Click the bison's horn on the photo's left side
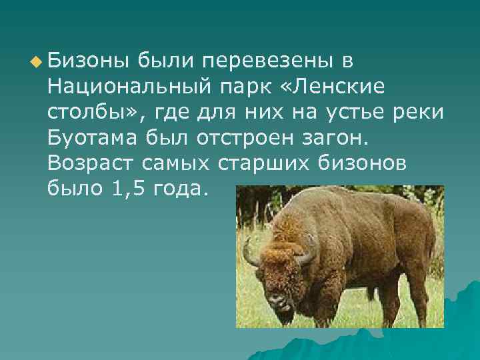click(249, 254)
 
